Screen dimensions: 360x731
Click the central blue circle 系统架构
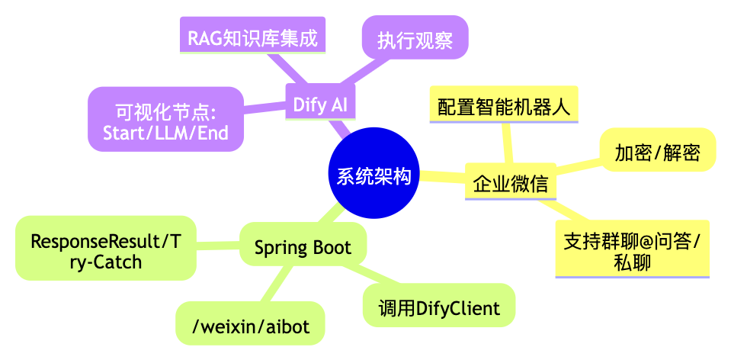point(374,176)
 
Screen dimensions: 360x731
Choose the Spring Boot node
point(303,247)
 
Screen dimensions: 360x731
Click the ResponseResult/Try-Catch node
point(106,252)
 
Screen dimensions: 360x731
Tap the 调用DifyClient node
point(439,308)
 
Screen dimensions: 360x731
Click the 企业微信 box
point(509,184)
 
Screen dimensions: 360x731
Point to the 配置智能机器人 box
point(504,104)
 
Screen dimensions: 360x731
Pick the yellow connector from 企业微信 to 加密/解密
point(578,168)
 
